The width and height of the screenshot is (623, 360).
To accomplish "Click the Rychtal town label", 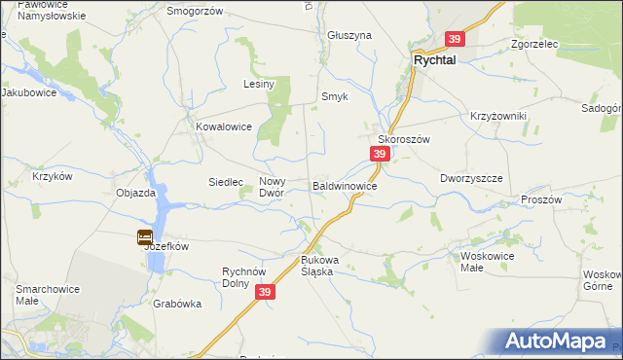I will tap(435, 59).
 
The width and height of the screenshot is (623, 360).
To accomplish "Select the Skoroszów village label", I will tap(404, 139).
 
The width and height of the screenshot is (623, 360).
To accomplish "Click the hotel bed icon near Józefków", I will tap(145, 235).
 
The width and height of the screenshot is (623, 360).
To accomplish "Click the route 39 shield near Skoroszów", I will tap(381, 155).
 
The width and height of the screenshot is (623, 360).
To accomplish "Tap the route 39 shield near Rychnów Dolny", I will tap(266, 292).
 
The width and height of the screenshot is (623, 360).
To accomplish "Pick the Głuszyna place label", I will tap(350, 35).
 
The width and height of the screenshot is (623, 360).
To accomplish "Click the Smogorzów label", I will tap(195, 11).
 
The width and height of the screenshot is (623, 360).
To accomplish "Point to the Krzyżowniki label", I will tap(498, 116).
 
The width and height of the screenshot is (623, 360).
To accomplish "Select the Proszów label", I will tap(542, 198).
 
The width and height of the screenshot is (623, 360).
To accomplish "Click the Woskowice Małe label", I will tap(486, 263).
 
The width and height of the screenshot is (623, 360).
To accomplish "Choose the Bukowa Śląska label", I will tap(318, 266).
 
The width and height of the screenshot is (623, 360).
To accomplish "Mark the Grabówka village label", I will tap(177, 304).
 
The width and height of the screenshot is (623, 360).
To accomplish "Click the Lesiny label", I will tap(260, 85).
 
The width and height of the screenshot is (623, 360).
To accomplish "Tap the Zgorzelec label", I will tap(532, 45).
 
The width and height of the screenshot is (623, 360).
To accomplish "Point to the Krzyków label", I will tap(53, 176).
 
